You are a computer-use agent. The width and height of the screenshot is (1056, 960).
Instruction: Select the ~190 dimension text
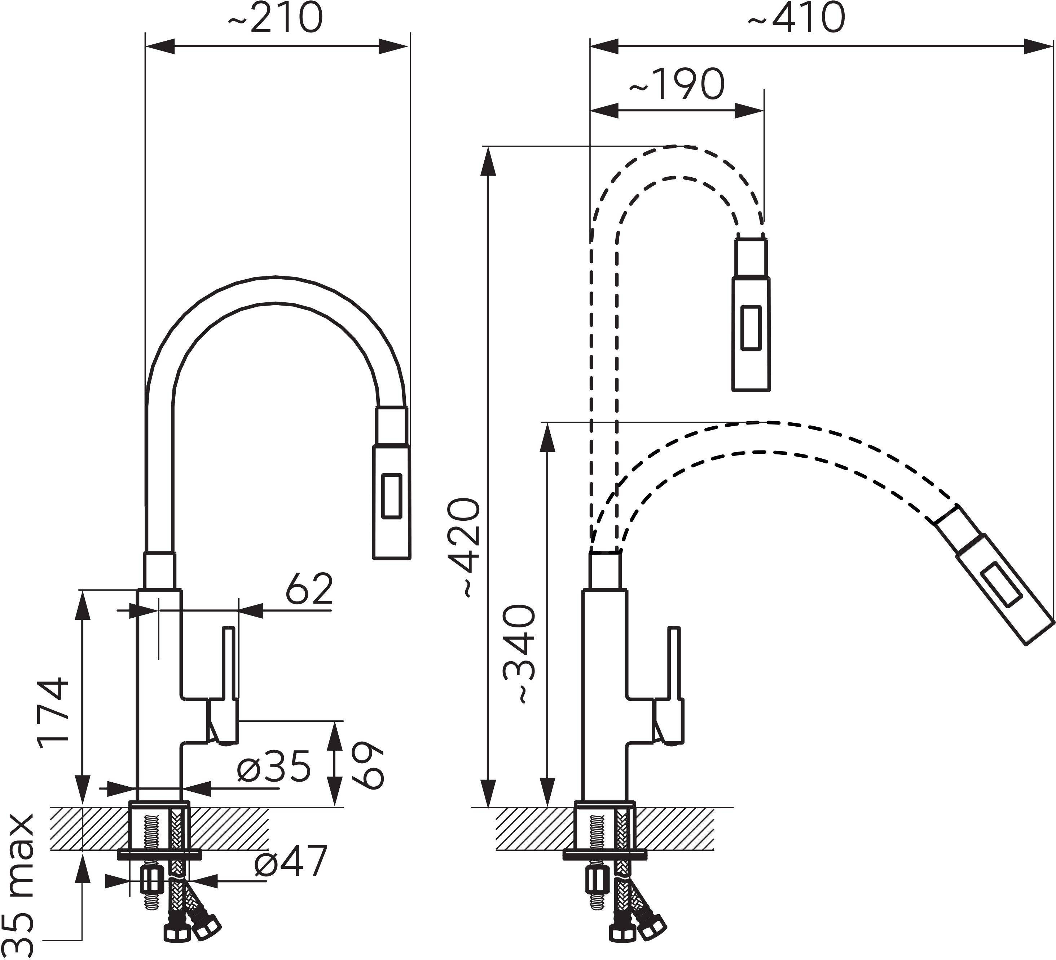(x=676, y=84)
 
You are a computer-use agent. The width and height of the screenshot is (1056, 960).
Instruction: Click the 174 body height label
(x=53, y=713)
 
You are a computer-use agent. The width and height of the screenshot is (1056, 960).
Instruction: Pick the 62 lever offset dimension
(x=309, y=589)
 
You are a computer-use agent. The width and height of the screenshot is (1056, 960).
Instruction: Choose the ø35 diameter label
(x=273, y=767)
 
